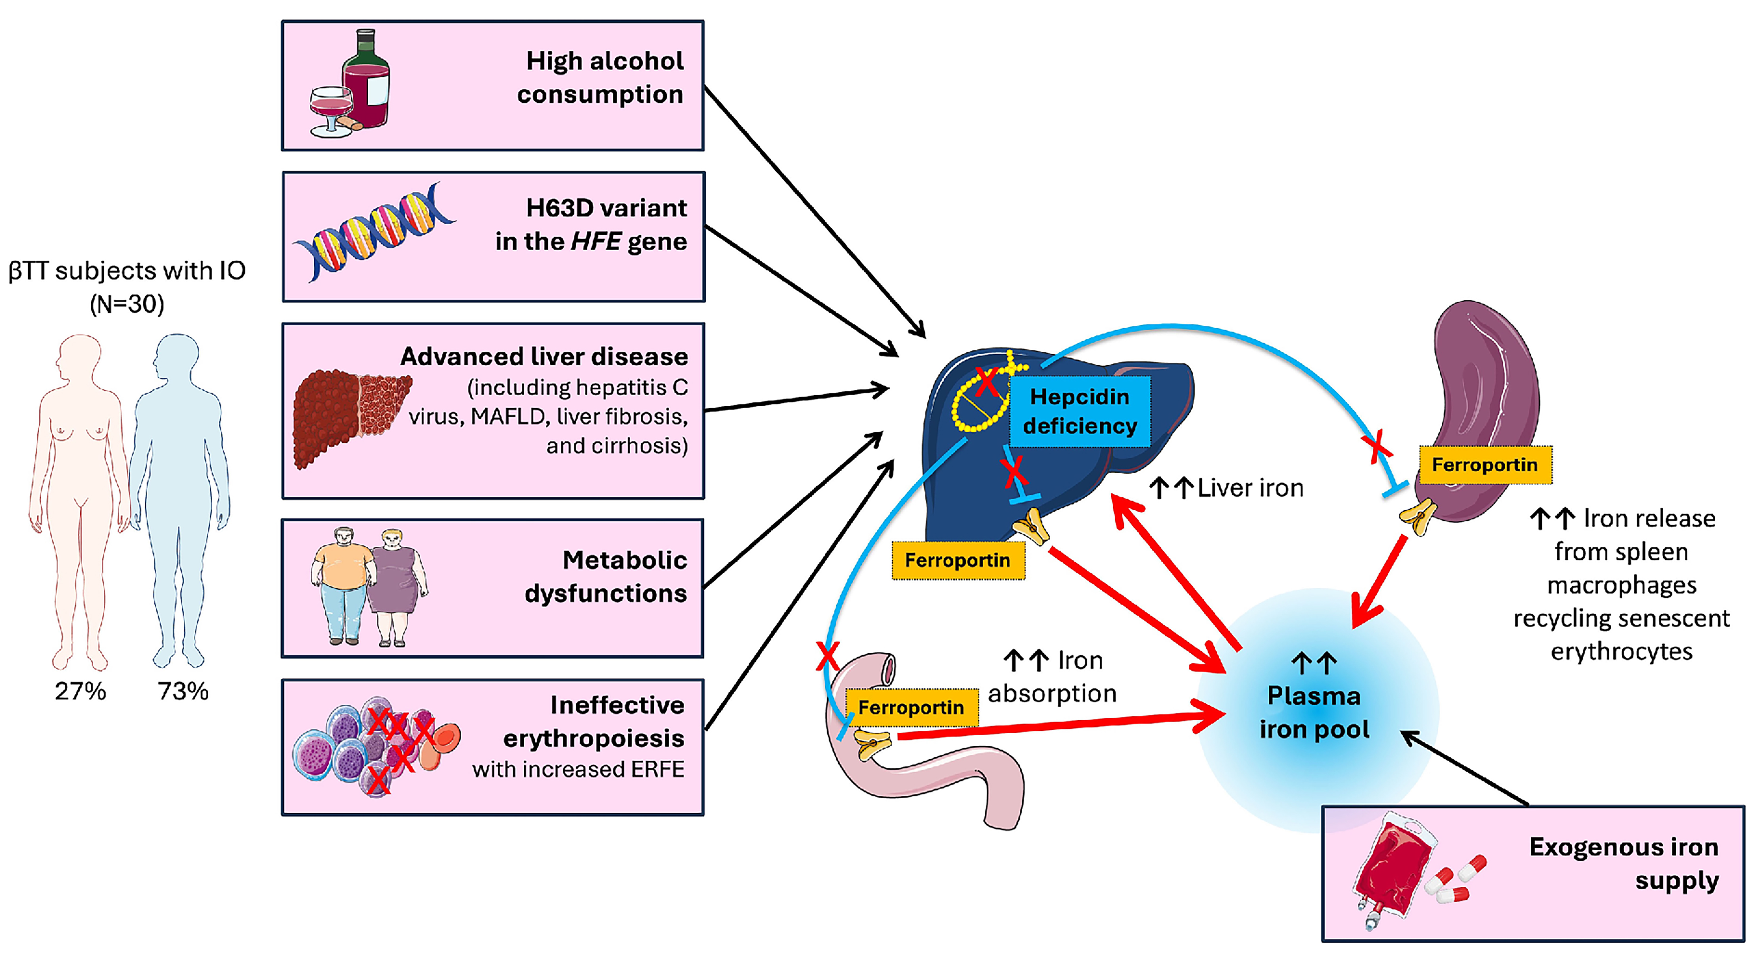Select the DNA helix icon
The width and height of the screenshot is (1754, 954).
point(373,232)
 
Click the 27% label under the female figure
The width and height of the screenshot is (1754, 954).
point(81,691)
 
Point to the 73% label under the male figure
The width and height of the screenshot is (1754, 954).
point(183,691)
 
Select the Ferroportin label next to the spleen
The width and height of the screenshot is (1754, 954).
point(1484,465)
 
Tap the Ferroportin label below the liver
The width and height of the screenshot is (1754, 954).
point(957,560)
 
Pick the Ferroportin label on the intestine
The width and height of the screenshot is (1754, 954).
point(911,708)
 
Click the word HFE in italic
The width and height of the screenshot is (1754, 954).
point(596,242)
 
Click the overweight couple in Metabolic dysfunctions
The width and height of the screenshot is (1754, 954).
point(368,585)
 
